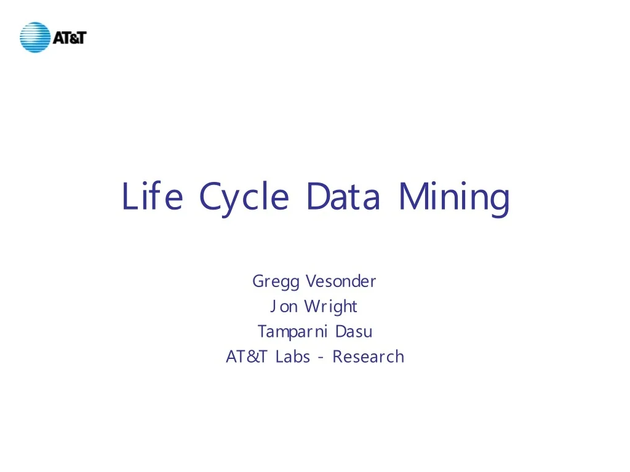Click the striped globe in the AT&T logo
(34, 37)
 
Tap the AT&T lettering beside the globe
(70, 37)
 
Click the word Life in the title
(152, 197)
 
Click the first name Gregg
(276, 282)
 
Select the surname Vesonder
(340, 281)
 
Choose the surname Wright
(330, 307)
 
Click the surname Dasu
(354, 332)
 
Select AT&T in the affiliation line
(247, 356)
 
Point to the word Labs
(293, 356)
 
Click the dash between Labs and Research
(321, 358)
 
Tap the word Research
(368, 356)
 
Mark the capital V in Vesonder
(311, 281)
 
